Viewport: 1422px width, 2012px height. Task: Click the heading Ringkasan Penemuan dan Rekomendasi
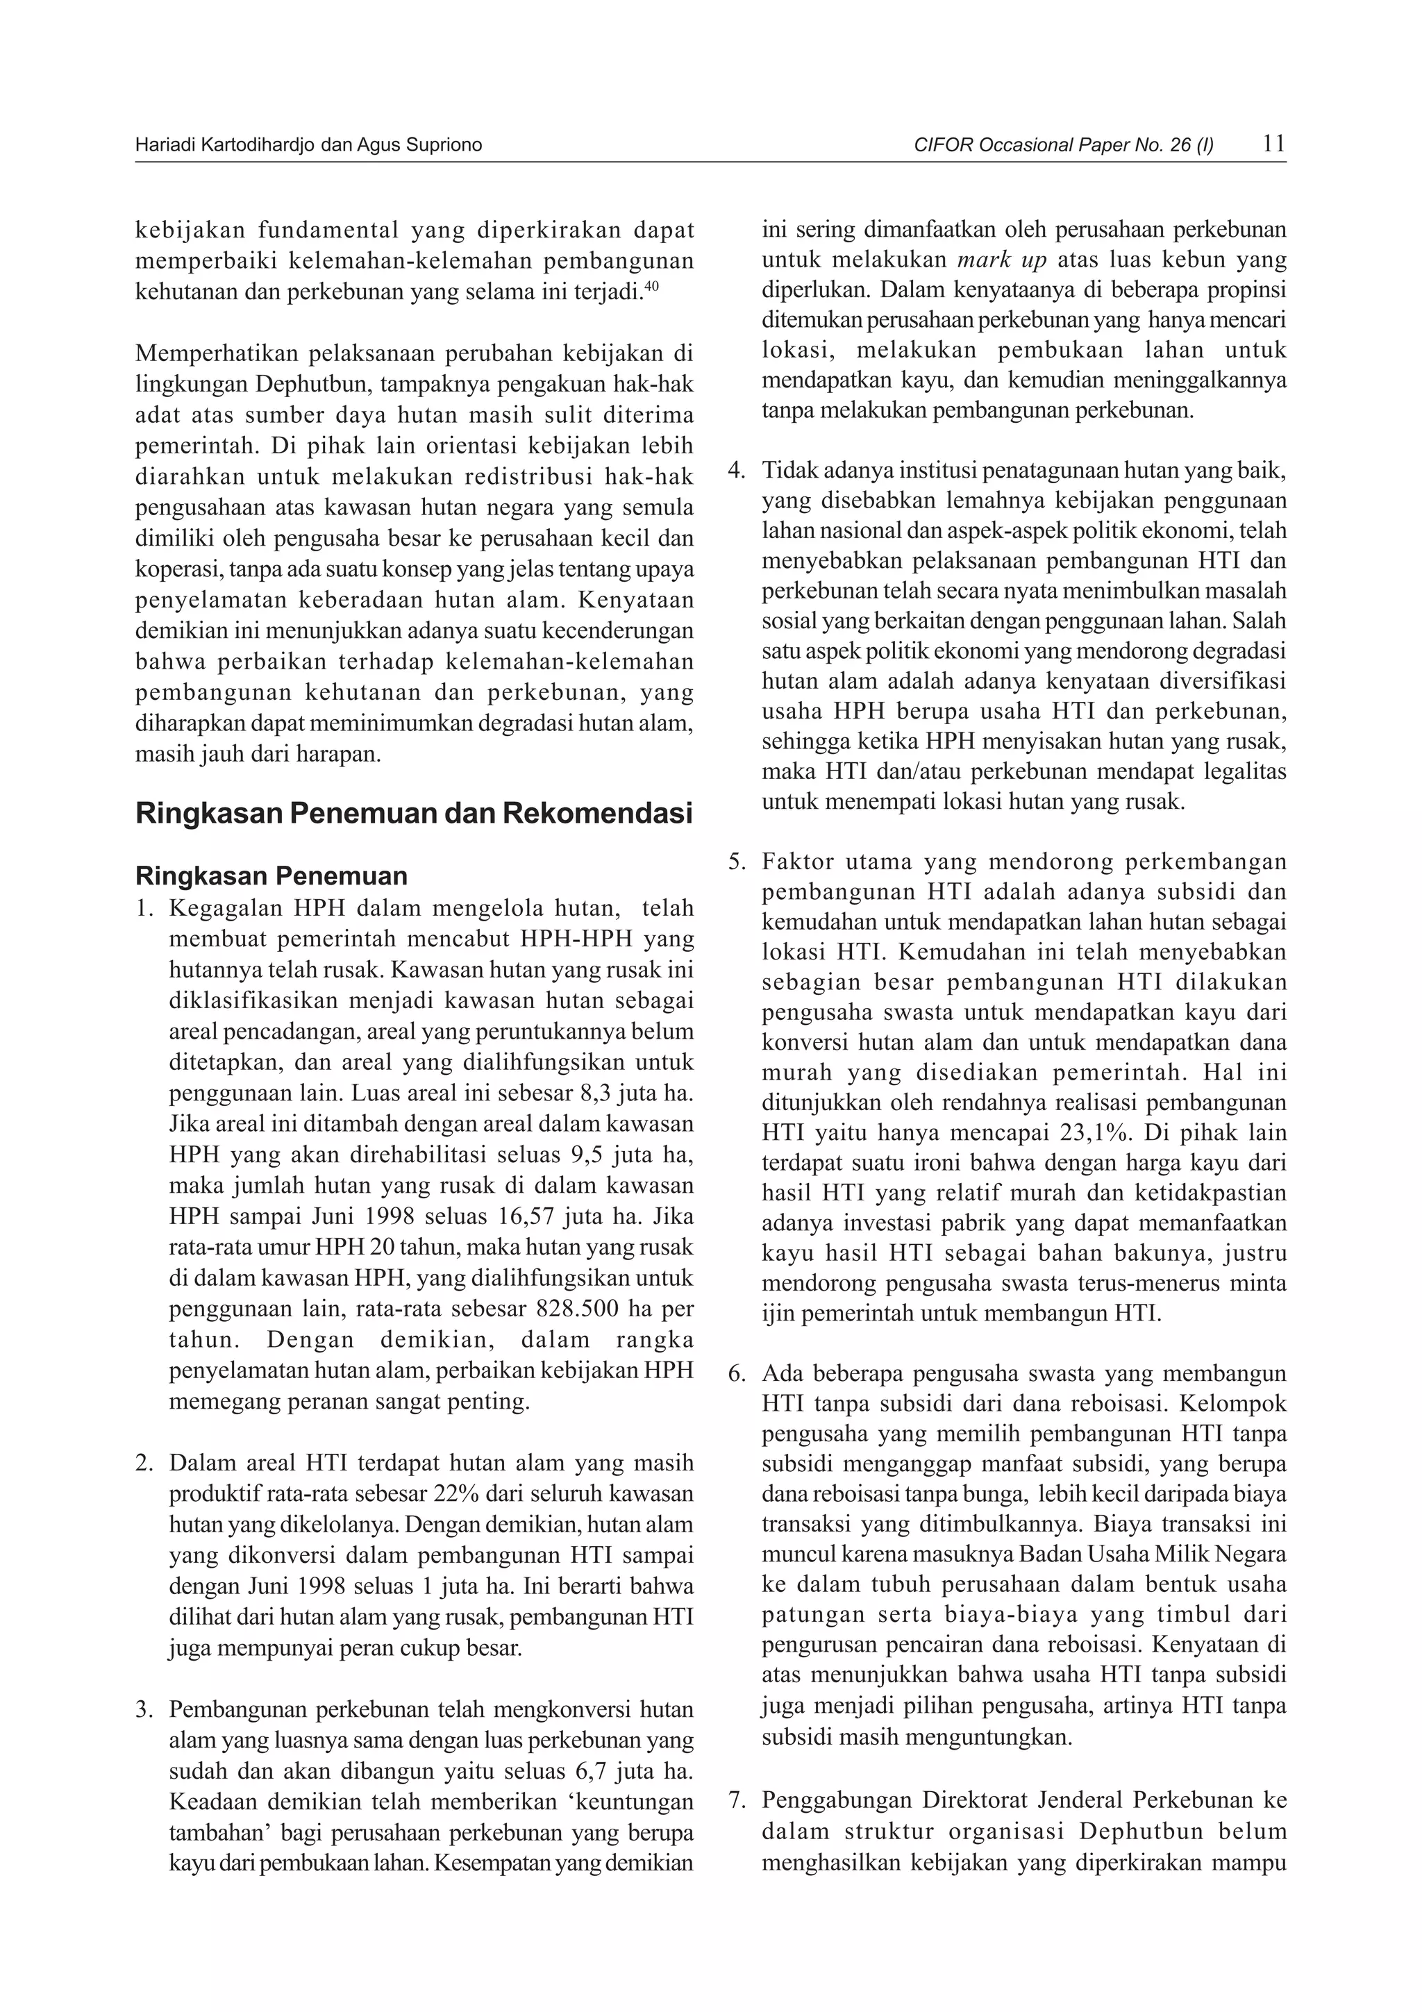[x=414, y=812]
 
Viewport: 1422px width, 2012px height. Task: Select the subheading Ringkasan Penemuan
[x=271, y=875]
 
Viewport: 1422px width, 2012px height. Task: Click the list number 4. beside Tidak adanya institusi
[x=737, y=471]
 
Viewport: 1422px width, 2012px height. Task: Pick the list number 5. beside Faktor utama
[x=737, y=862]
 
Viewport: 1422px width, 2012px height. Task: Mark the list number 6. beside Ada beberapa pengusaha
[x=737, y=1373]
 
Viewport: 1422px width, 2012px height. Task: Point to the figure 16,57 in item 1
[x=532, y=1217]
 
